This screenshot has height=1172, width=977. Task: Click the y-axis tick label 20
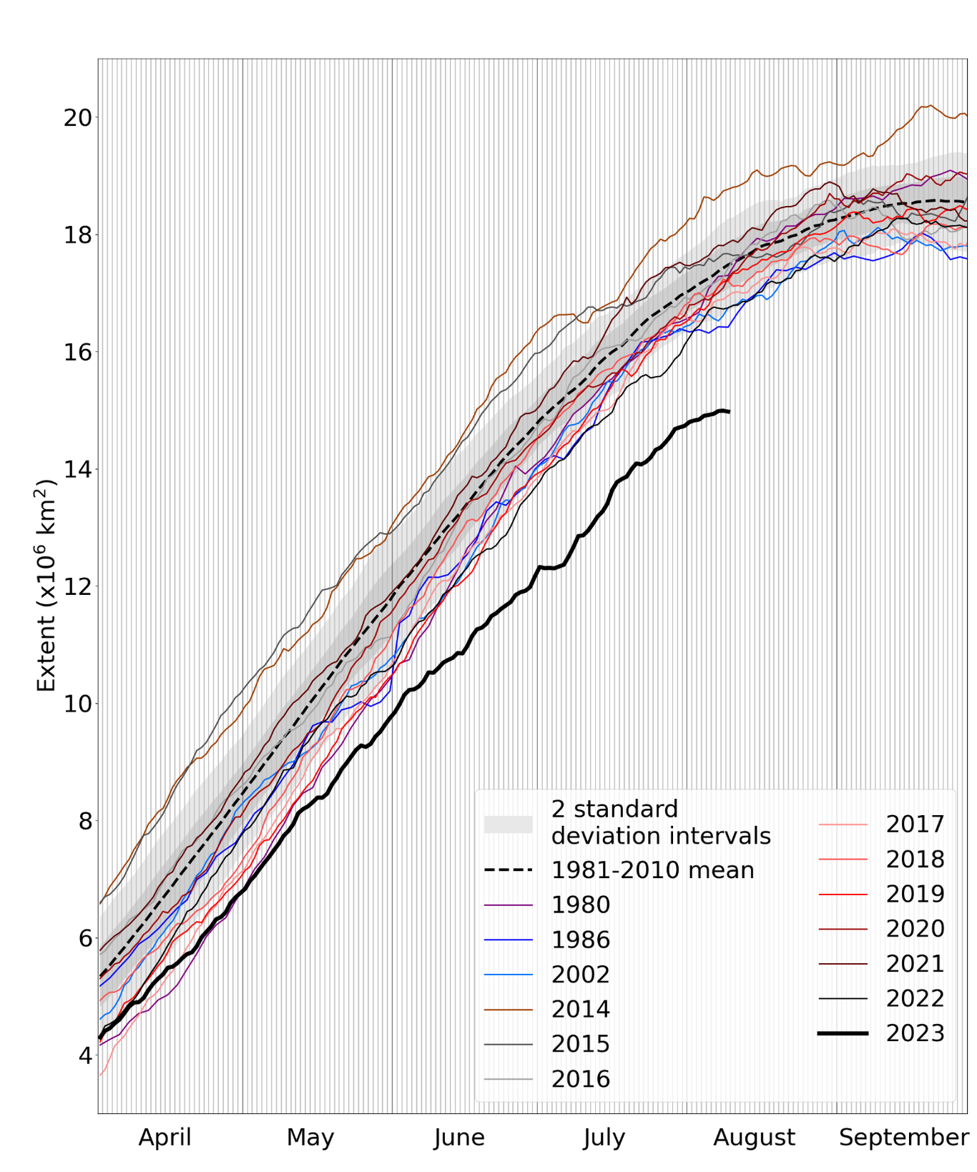[77, 117]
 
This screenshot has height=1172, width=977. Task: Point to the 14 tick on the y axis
[77, 469]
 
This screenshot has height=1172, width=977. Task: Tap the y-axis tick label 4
[84, 1055]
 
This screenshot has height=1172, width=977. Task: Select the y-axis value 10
[77, 704]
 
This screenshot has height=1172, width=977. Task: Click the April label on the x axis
[165, 1137]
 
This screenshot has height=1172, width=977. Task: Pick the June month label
[459, 1137]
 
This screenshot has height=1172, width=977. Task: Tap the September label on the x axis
[903, 1137]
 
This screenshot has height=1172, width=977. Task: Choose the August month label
[754, 1137]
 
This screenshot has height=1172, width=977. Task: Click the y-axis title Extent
[46, 586]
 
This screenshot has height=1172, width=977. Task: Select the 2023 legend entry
[915, 1033]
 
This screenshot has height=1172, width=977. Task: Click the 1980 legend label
[580, 905]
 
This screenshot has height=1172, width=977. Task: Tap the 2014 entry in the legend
[580, 1009]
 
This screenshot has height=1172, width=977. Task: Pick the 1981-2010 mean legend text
[652, 870]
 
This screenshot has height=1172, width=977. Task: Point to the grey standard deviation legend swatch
[508, 824]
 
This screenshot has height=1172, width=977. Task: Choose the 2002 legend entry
[580, 975]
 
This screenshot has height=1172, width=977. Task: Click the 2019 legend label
[915, 894]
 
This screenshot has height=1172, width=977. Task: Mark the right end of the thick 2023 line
[728, 411]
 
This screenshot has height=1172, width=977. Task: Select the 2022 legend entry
[915, 998]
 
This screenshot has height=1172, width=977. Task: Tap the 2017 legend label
[915, 824]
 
